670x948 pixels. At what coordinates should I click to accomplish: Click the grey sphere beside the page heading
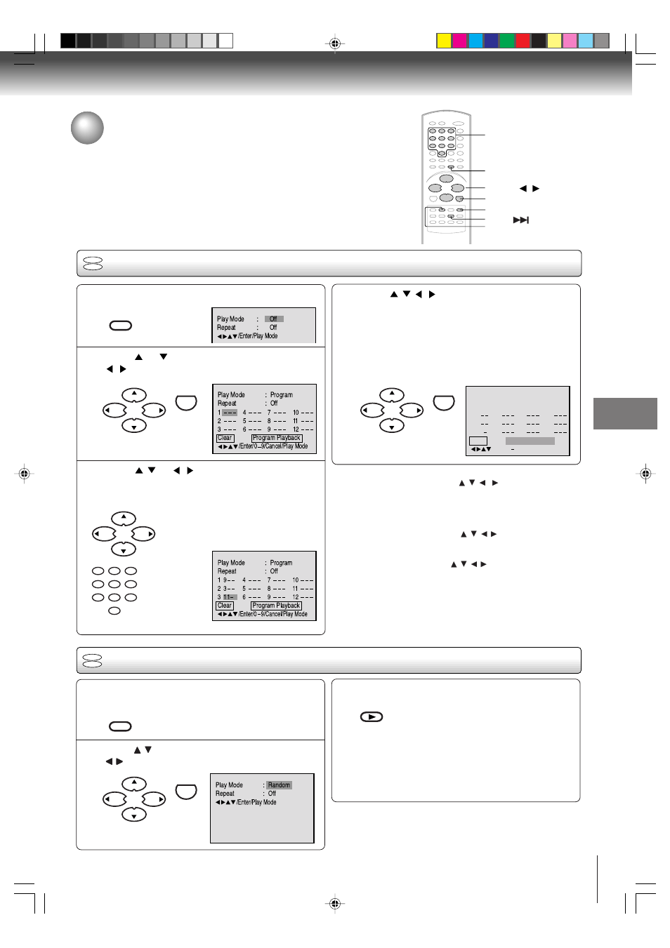[x=87, y=128]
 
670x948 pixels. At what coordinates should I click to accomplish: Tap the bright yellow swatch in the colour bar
[x=444, y=41]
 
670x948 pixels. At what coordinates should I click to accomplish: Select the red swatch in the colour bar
[x=523, y=41]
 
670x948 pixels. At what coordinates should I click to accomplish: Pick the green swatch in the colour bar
[x=506, y=41]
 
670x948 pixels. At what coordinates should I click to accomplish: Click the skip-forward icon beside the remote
[x=520, y=220]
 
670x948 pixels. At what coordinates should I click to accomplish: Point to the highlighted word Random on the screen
[x=279, y=785]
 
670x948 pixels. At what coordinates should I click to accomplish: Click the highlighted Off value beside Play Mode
[x=274, y=319]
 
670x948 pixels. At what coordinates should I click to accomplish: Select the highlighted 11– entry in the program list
[x=230, y=597]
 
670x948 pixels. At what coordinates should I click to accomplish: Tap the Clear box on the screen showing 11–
[x=225, y=606]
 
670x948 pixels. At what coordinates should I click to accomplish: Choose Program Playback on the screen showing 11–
[x=277, y=606]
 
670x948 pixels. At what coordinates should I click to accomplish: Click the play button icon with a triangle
[x=372, y=717]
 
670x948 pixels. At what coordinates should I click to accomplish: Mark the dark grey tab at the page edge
[x=625, y=413]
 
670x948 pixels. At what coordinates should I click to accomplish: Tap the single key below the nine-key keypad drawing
[x=114, y=611]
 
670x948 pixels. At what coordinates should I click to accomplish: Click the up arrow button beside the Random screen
[x=134, y=784]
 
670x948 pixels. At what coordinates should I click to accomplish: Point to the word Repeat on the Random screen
[x=225, y=794]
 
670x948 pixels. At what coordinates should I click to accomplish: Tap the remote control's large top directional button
[x=446, y=179]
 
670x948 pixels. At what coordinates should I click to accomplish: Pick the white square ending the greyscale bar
[x=225, y=41]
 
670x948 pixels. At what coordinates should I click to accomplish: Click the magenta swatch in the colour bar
[x=459, y=41]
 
